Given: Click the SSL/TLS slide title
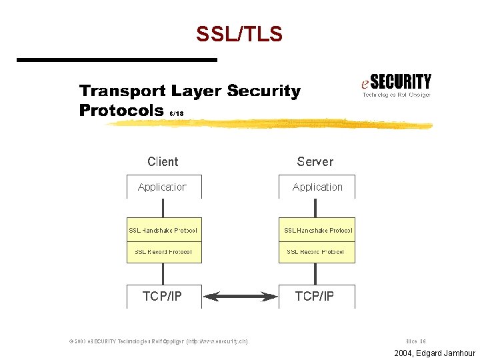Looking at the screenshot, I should (x=239, y=33).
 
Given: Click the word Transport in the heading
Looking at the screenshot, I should (x=122, y=91).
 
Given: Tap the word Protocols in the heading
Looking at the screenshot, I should (x=121, y=110).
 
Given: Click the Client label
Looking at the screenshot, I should (x=163, y=161).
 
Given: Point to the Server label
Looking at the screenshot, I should (x=315, y=161).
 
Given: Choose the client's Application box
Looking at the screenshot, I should (x=163, y=187).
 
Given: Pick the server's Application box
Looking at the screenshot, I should (x=317, y=187).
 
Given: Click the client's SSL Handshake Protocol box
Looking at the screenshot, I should (x=163, y=230).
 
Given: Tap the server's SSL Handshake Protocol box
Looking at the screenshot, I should (x=317, y=230).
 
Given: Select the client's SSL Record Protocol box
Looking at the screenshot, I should (x=163, y=252).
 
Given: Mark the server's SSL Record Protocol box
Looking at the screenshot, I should (x=317, y=252).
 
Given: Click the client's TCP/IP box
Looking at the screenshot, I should (x=163, y=296).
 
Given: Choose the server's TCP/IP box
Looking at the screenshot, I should (x=316, y=296).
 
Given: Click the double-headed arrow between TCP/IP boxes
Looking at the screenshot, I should (x=240, y=296).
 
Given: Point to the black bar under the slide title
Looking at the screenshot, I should (x=117, y=60).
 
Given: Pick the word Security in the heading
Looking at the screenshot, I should (x=263, y=91).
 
